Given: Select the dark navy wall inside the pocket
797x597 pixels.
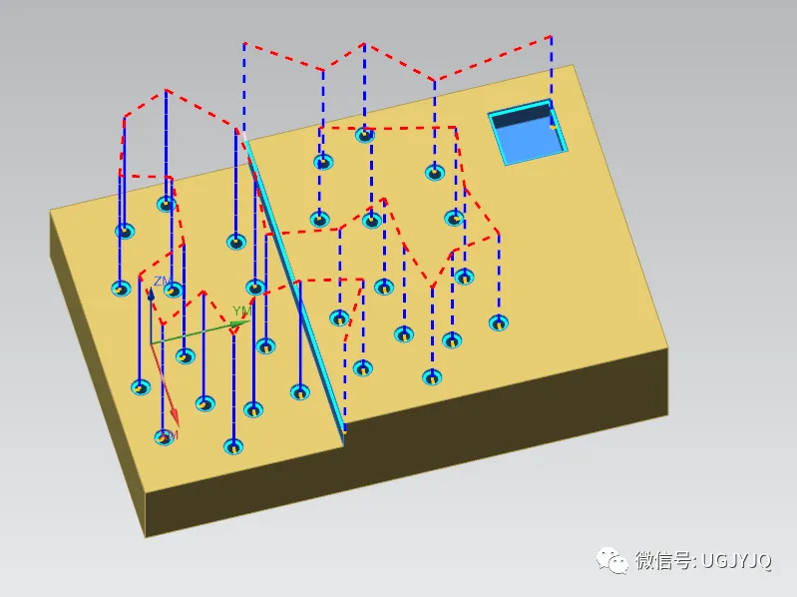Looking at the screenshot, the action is tap(521, 118).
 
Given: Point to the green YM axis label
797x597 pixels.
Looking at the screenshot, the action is tap(240, 311).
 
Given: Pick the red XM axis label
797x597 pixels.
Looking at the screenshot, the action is tap(169, 436).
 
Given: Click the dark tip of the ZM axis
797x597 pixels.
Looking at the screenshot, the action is tap(151, 296).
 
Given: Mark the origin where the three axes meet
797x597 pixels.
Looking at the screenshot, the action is tap(151, 343).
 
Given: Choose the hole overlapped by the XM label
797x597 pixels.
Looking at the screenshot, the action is tap(165, 437).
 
